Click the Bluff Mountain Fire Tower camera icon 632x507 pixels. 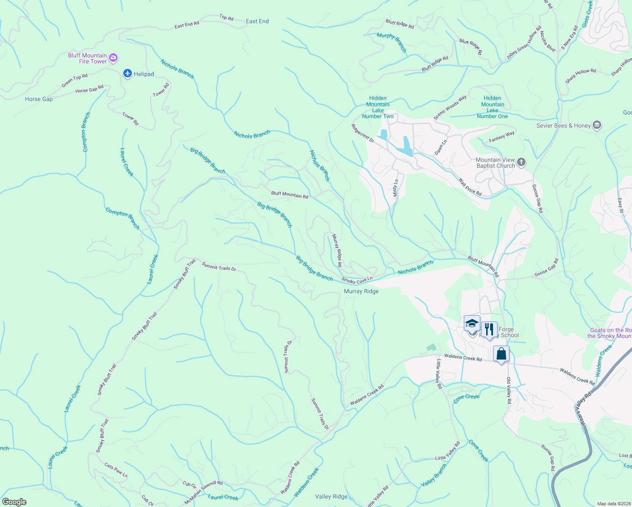tap(113, 58)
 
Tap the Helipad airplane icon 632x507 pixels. tap(128, 74)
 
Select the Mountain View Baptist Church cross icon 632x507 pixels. tap(521, 162)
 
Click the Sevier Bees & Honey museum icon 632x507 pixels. tap(597, 125)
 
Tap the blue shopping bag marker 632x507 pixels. tap(501, 354)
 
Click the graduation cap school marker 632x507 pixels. tap(472, 324)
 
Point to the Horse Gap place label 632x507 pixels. tap(39, 99)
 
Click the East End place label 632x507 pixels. tap(257, 21)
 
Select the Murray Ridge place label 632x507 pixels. tap(361, 291)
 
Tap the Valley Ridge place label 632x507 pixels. tap(331, 496)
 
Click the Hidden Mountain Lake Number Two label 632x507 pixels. tap(378, 107)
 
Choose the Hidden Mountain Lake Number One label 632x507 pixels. tap(493, 107)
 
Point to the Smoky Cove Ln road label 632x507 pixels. tap(357, 280)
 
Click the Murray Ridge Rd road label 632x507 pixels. tap(337, 251)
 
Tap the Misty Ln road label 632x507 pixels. tap(396, 188)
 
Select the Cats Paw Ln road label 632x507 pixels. tap(116, 470)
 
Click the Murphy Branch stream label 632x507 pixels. tap(392, 42)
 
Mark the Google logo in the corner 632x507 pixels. tap(14, 502)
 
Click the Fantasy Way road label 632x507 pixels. tap(502, 136)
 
